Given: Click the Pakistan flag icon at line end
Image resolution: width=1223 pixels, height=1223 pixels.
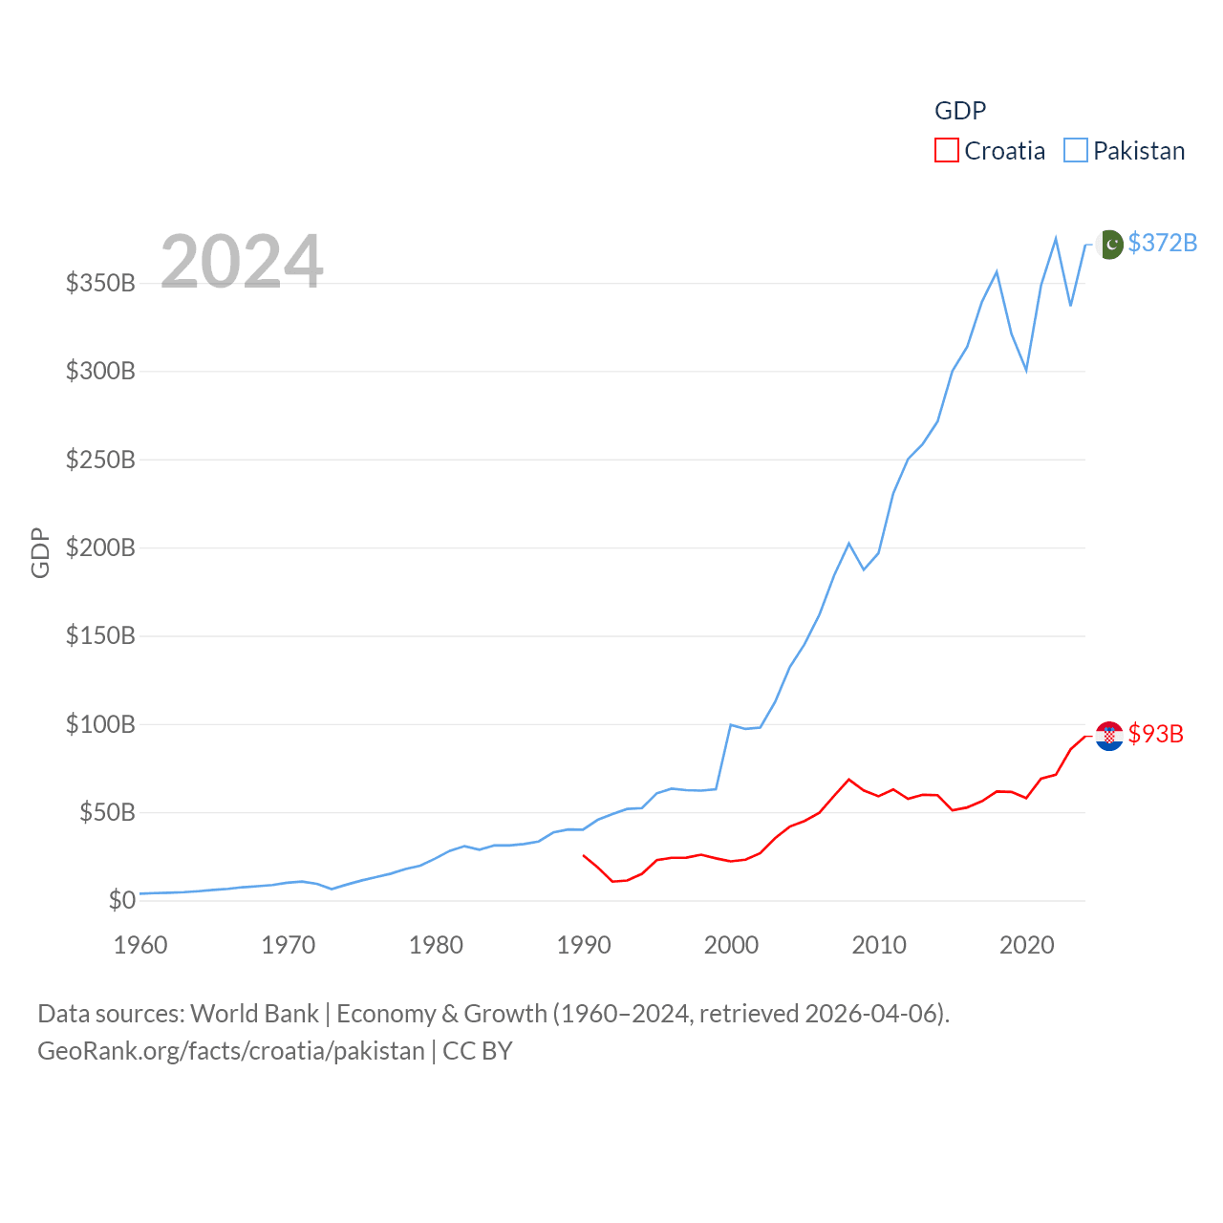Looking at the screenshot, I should [x=1109, y=245].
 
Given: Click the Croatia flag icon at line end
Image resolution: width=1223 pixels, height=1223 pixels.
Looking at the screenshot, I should [x=1109, y=736].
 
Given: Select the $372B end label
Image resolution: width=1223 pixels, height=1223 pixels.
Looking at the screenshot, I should [x=1162, y=243].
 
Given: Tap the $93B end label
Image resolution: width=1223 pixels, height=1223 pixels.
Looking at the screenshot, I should [x=1155, y=734].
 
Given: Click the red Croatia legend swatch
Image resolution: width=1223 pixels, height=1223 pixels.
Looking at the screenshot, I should [x=946, y=151].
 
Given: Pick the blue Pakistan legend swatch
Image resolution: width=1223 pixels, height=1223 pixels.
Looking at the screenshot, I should [x=1075, y=151].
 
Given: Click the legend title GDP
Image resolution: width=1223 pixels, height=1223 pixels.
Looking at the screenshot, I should [x=959, y=111].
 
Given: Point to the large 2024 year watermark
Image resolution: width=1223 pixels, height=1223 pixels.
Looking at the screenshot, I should [x=242, y=262].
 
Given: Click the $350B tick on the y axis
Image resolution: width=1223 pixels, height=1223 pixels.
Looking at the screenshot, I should [x=100, y=284].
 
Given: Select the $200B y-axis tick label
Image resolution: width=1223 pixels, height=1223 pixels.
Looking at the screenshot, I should [x=100, y=548].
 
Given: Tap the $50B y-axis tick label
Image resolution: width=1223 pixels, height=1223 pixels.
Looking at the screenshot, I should [x=107, y=813].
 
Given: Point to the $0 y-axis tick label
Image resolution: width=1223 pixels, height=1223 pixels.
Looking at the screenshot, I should [x=121, y=901].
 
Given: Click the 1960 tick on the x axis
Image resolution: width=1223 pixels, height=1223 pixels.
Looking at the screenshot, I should [x=140, y=946].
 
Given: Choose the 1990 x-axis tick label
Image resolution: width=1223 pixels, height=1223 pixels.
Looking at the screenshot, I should [x=584, y=946].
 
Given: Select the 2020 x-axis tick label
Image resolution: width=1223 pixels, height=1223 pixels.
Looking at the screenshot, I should [x=1026, y=946].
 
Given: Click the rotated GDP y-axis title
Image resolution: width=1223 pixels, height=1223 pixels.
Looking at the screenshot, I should [x=40, y=552].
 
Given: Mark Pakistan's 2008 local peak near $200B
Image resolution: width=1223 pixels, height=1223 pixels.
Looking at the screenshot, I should [x=848, y=544].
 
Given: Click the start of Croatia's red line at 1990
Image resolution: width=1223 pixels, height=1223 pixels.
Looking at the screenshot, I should [x=584, y=855].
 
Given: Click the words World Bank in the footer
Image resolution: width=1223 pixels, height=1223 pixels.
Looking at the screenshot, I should [x=254, y=1014].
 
